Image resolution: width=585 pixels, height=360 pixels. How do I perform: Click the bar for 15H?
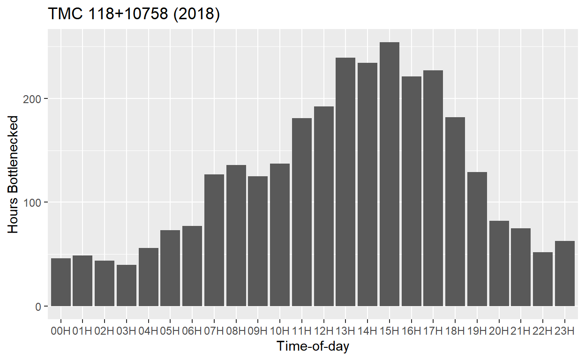click(x=390, y=174)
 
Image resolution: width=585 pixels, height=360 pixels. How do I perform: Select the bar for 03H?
click(x=127, y=285)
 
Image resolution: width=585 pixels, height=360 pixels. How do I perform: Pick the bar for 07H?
click(x=214, y=240)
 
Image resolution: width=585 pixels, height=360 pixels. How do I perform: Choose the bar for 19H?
click(x=477, y=239)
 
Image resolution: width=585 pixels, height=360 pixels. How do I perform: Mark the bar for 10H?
click(x=280, y=235)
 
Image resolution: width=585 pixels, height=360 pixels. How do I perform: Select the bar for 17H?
click(x=433, y=188)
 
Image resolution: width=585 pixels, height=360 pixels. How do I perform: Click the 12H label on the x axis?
click(x=323, y=331)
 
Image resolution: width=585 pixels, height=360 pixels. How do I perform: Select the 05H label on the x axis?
click(x=170, y=331)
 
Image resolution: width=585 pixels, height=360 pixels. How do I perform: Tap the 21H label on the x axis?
click(x=521, y=331)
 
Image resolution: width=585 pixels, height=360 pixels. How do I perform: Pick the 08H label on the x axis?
click(x=236, y=331)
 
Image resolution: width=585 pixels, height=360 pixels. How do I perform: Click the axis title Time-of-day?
click(x=313, y=347)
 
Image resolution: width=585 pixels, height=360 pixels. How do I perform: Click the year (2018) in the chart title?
click(x=196, y=15)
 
